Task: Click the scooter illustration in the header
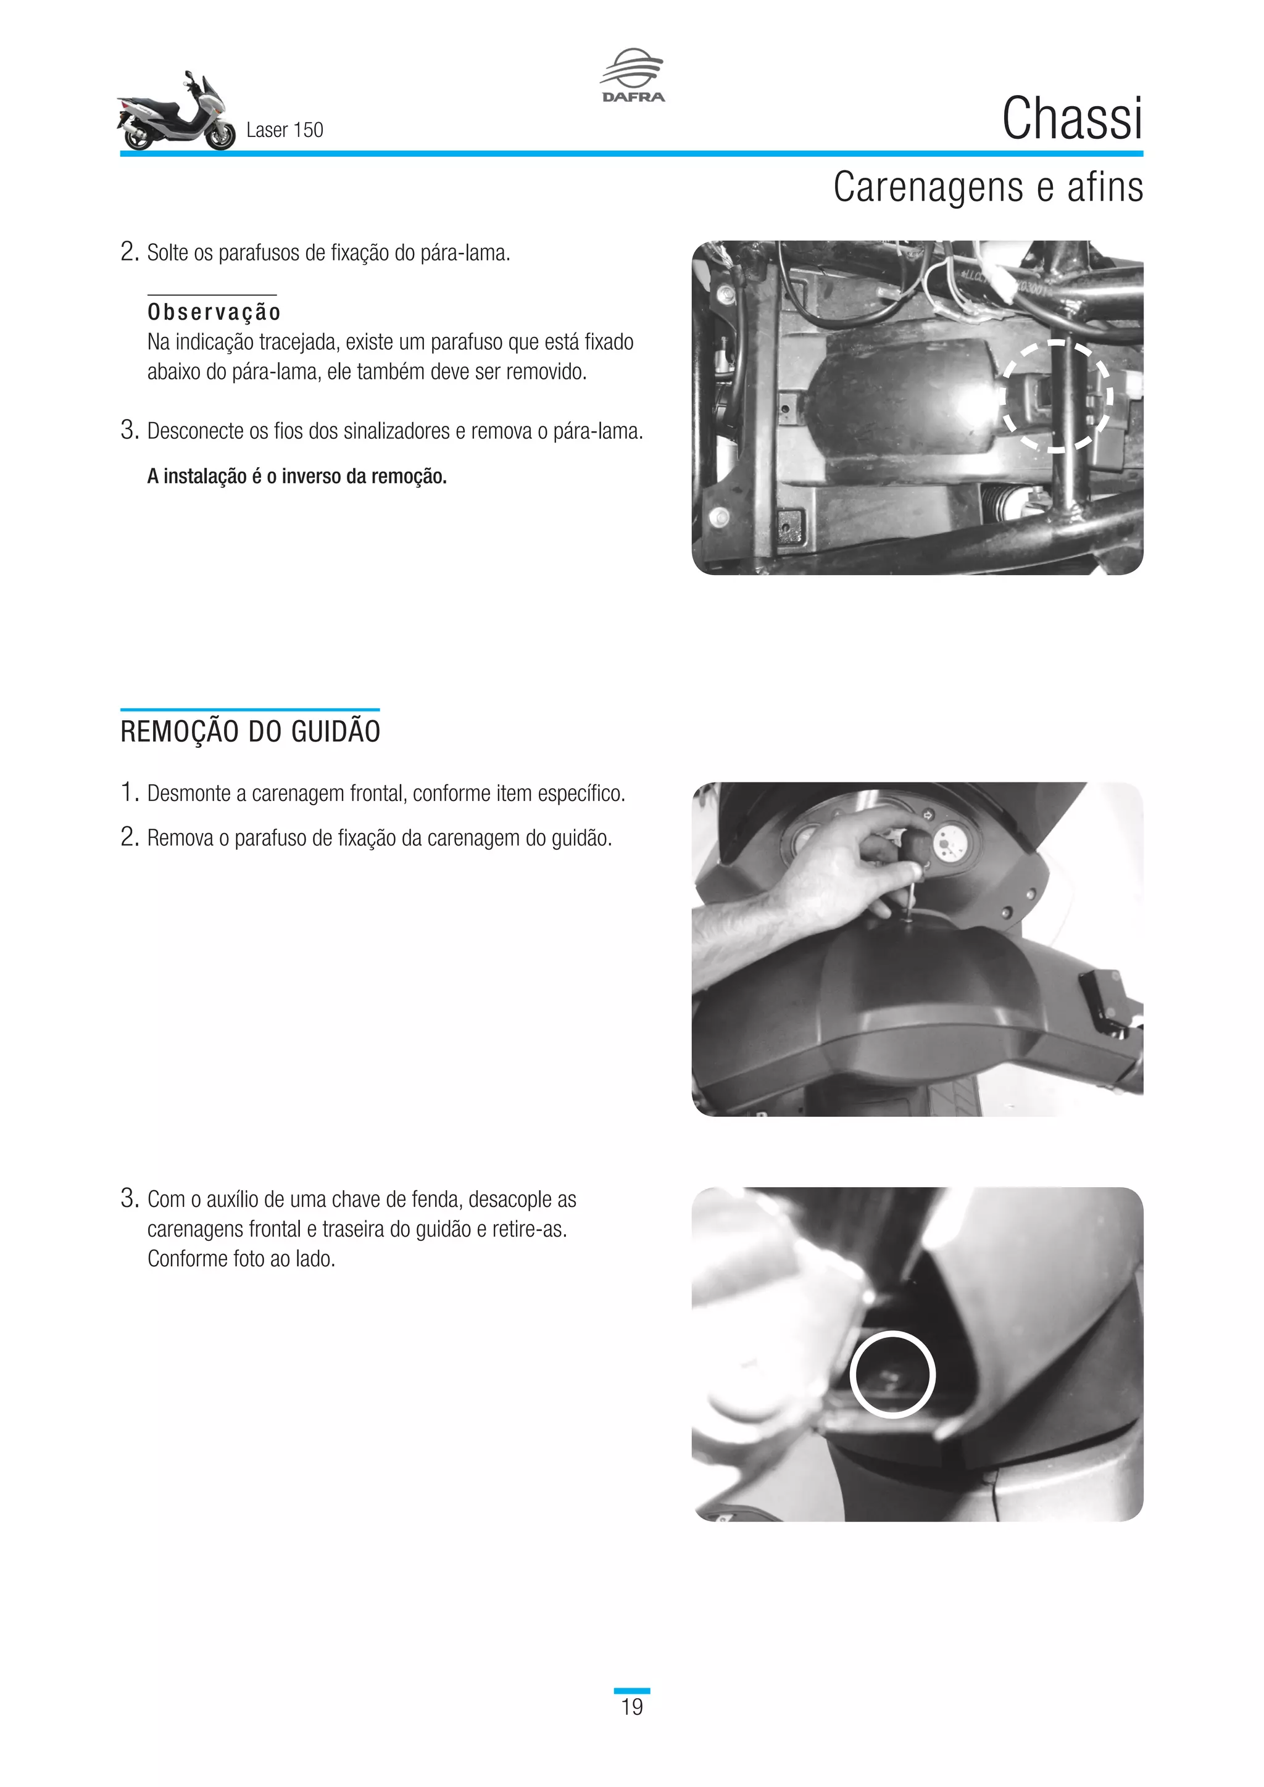pos(176,113)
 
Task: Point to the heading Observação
pos(214,312)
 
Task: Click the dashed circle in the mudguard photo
pos(1057,396)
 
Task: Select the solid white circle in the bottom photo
pos(891,1373)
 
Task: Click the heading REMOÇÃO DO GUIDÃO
pos(250,732)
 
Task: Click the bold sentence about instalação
pos(296,476)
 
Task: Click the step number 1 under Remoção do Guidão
pos(128,792)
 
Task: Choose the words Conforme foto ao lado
pos(241,1259)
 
